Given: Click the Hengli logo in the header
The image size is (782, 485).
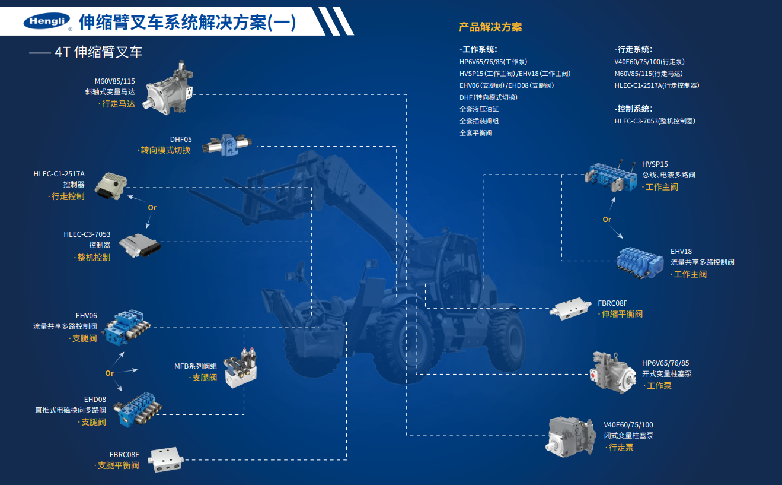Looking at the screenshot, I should [x=47, y=22].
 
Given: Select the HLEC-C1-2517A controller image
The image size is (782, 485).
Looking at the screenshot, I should [x=111, y=186].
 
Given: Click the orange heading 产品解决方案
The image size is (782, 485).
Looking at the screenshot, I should [x=490, y=27].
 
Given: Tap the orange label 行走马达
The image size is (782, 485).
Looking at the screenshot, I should [x=117, y=104].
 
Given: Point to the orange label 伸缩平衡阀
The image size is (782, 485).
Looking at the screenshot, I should [x=621, y=314].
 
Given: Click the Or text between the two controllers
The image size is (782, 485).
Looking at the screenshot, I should [x=152, y=208].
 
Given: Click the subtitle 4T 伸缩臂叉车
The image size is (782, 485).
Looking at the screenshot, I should [x=98, y=52].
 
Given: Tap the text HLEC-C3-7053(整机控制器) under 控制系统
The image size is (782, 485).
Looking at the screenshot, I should [x=655, y=121].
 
